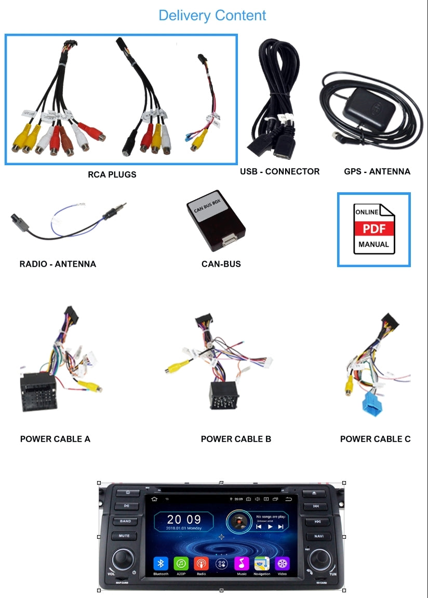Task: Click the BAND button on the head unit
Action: (126, 521)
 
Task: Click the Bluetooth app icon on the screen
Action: (160, 563)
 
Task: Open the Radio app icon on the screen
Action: (201, 563)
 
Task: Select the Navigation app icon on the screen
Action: (262, 563)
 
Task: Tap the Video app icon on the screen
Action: (282, 563)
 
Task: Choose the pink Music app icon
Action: (242, 563)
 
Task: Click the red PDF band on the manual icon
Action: (374, 229)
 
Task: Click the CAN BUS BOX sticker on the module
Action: (208, 207)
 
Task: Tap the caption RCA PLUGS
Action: (112, 175)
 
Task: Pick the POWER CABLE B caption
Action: (236, 439)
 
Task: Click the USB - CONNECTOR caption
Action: (279, 171)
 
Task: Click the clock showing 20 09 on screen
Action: (184, 520)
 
